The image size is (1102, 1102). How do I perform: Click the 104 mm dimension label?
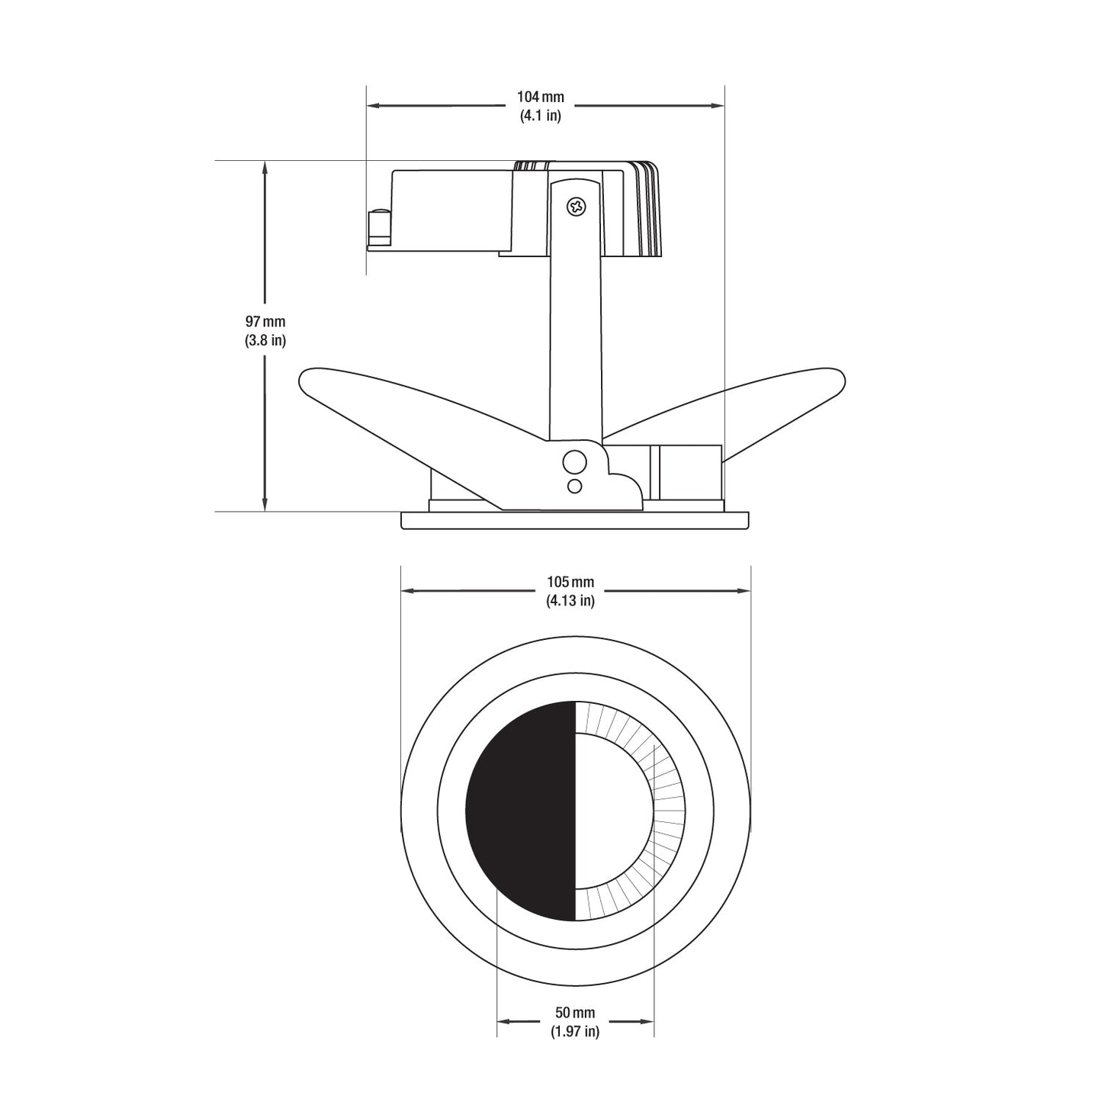(x=541, y=97)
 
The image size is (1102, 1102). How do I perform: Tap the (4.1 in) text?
(x=541, y=115)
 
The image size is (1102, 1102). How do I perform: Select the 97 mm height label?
(x=265, y=321)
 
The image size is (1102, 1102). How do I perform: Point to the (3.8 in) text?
(x=265, y=341)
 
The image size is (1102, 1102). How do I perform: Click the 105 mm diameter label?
(x=570, y=582)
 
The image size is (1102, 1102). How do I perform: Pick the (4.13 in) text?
(x=570, y=601)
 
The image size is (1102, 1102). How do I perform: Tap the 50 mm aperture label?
(x=575, y=1013)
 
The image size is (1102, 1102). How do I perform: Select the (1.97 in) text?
(x=575, y=1032)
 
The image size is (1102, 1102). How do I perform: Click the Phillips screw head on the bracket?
(x=577, y=207)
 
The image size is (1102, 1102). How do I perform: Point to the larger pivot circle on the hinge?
(x=575, y=461)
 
